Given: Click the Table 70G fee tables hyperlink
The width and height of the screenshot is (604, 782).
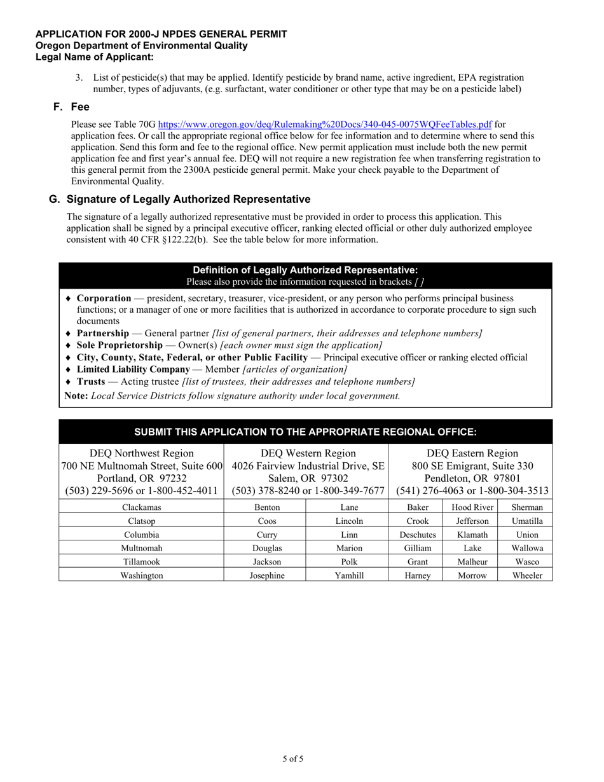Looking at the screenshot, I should coord(324,125).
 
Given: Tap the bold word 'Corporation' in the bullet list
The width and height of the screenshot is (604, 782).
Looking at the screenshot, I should coord(104,298).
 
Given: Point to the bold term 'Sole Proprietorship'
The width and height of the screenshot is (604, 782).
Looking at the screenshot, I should coord(120,345).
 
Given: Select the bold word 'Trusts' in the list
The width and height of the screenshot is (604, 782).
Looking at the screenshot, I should coord(91,381).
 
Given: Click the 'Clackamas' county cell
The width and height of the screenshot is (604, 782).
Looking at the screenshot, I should coord(141,507).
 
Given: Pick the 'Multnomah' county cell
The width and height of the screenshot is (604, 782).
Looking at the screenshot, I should coord(141,547).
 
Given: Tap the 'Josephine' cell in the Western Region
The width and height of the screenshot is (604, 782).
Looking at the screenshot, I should coord(264,575).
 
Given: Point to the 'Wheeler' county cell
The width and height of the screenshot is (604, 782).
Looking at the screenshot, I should coord(528,575).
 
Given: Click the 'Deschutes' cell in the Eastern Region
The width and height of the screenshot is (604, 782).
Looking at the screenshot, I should coord(417,535).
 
